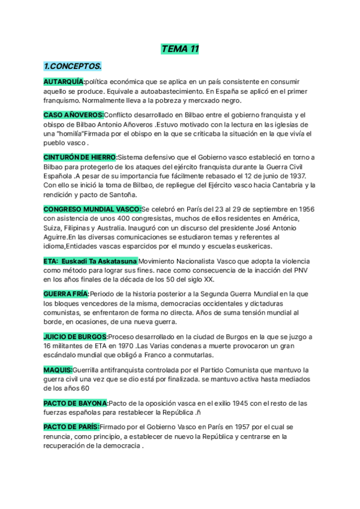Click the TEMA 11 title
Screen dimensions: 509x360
(180, 49)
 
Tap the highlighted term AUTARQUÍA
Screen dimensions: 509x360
(64, 82)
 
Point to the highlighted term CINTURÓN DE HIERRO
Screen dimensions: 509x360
(80, 157)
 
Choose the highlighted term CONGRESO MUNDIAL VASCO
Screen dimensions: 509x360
(92, 208)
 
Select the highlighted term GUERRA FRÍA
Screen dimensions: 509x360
(66, 294)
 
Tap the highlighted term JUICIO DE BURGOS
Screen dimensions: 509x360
(76, 336)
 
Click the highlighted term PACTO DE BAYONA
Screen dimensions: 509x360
(76, 402)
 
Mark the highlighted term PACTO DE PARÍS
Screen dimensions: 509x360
(71, 426)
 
